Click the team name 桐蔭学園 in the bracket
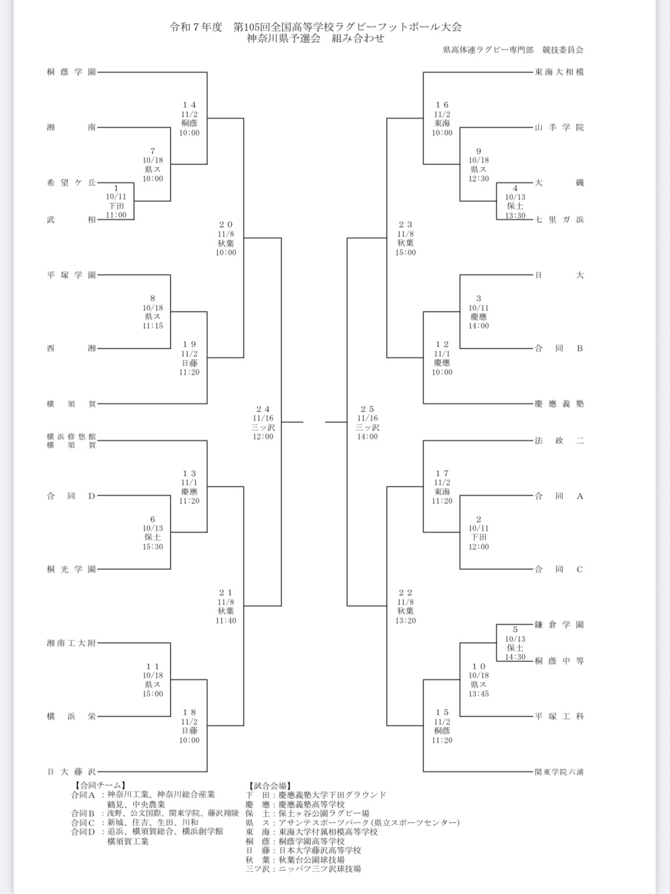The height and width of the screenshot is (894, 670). click(x=71, y=72)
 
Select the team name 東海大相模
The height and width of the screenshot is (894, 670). click(x=559, y=72)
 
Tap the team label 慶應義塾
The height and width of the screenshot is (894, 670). click(x=559, y=404)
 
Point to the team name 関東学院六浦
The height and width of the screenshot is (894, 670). click(x=559, y=772)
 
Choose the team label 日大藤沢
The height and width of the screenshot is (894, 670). click(x=71, y=772)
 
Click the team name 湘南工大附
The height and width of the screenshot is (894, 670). click(x=71, y=643)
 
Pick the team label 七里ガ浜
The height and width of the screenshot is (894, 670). click(x=559, y=219)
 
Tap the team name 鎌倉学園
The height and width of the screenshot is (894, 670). click(x=559, y=625)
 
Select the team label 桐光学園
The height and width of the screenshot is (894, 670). click(x=71, y=569)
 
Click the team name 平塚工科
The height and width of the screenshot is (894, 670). click(x=559, y=717)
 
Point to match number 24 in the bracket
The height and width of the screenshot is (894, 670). click(x=263, y=409)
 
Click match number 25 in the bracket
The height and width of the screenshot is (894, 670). click(x=367, y=409)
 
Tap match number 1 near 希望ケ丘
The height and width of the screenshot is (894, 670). click(x=116, y=188)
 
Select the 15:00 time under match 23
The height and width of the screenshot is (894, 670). click(x=406, y=253)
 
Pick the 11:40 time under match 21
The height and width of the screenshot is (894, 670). click(x=226, y=621)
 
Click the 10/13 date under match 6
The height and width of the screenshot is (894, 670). click(x=152, y=528)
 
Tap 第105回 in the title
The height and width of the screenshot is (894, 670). click(x=253, y=27)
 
